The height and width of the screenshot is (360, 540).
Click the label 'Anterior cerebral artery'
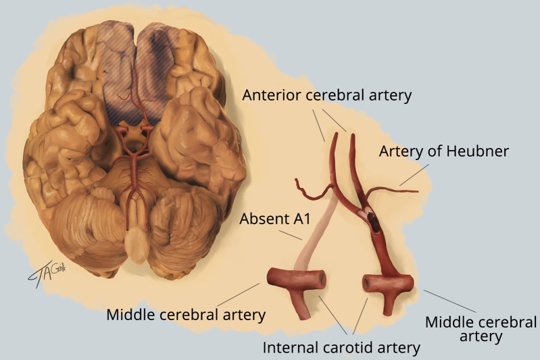click(x=328, y=95)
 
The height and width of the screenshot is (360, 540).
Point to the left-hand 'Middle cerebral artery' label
click(x=186, y=314)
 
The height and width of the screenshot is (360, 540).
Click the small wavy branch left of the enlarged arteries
click(x=311, y=192)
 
